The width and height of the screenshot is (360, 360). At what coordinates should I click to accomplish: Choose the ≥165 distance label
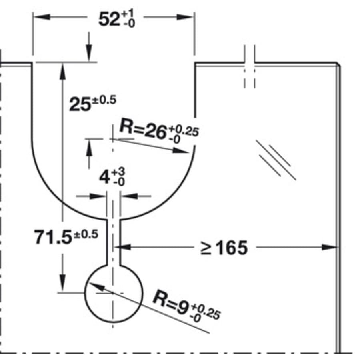tap(224, 248)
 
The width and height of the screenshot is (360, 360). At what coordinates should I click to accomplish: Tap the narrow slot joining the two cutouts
tap(114, 242)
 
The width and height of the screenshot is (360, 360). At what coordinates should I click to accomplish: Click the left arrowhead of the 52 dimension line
tap(40, 17)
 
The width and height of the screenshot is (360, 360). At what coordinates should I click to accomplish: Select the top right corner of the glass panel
tap(338, 64)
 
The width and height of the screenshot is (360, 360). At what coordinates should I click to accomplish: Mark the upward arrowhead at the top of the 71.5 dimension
tap(62, 70)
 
